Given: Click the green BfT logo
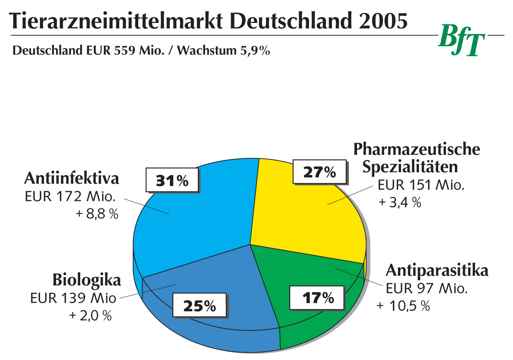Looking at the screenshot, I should click(462, 40).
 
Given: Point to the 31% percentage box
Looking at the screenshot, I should click(172, 180).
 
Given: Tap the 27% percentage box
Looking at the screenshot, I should click(319, 172).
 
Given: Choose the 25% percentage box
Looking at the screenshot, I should click(200, 306).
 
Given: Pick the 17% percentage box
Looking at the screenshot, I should click(317, 298).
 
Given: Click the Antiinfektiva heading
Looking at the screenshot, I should click(72, 179).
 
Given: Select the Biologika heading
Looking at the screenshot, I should click(87, 280).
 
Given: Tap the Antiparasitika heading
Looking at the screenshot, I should click(437, 271).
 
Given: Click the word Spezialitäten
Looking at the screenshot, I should click(410, 167).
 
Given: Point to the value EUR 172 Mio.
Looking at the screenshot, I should click(70, 197).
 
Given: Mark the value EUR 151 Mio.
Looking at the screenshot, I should click(421, 185).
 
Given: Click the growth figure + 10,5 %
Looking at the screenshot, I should click(403, 306).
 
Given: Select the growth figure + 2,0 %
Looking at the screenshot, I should click(91, 316).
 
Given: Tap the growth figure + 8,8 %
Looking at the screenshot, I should click(97, 214).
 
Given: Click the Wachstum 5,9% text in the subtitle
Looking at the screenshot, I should click(223, 50).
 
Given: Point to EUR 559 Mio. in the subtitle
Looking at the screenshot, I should click(125, 50).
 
